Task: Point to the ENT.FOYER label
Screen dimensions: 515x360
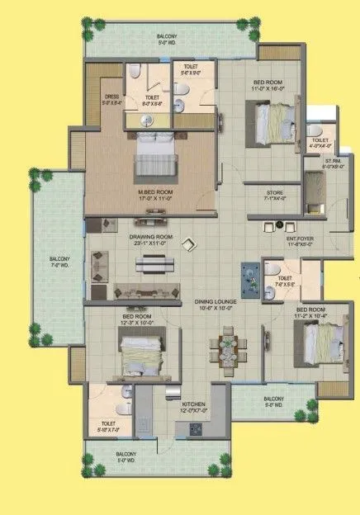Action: (x=301, y=239)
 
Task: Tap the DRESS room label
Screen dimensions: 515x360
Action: (x=111, y=98)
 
